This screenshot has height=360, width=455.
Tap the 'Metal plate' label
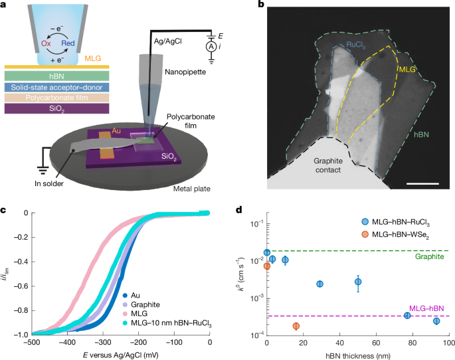[189, 189]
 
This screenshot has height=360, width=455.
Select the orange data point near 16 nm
[296, 326]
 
